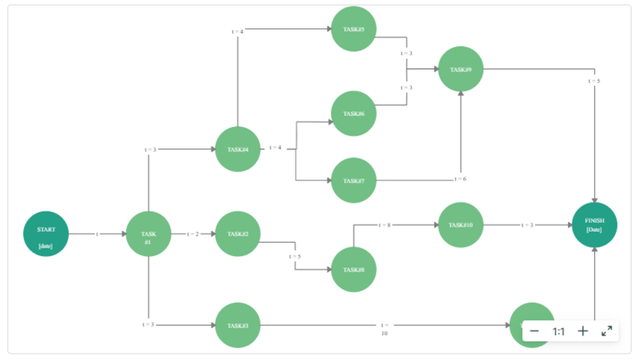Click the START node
(46, 234)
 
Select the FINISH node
(595, 224)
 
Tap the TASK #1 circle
(149, 234)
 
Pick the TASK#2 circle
(238, 234)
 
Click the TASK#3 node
(238, 326)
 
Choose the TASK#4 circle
(238, 149)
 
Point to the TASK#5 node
(354, 30)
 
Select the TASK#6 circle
(354, 113)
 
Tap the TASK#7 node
(354, 180)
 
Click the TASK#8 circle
(354, 269)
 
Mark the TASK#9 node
(461, 69)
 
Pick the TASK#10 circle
(461, 225)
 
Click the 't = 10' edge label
(384, 329)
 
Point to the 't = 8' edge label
(383, 225)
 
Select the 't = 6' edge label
(461, 179)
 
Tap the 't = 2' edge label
(193, 234)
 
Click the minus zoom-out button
(534, 331)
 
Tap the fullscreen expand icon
(607, 331)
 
